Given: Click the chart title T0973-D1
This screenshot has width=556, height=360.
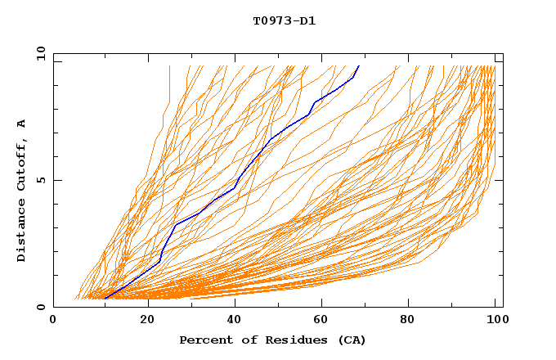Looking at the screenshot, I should (284, 20).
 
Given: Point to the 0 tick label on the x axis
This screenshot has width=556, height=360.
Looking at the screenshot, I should (53, 321).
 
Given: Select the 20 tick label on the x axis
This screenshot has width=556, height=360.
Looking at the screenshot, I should (147, 321).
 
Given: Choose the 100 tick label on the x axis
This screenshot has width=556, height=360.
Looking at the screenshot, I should (495, 321).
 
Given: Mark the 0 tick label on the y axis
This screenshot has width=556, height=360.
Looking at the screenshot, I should (40, 308).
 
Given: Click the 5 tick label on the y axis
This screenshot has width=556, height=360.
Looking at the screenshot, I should (40, 180).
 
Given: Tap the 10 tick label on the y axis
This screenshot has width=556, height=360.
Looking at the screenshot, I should (40, 53).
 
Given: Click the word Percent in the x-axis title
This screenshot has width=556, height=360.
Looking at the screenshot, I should (203, 340).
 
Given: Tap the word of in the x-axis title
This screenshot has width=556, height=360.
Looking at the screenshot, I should (243, 340).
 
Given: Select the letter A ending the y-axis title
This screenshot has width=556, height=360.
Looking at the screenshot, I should (21, 123).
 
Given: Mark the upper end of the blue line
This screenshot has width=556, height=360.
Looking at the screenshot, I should (358, 66).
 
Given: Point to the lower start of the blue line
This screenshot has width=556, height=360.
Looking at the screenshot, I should (105, 298).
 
